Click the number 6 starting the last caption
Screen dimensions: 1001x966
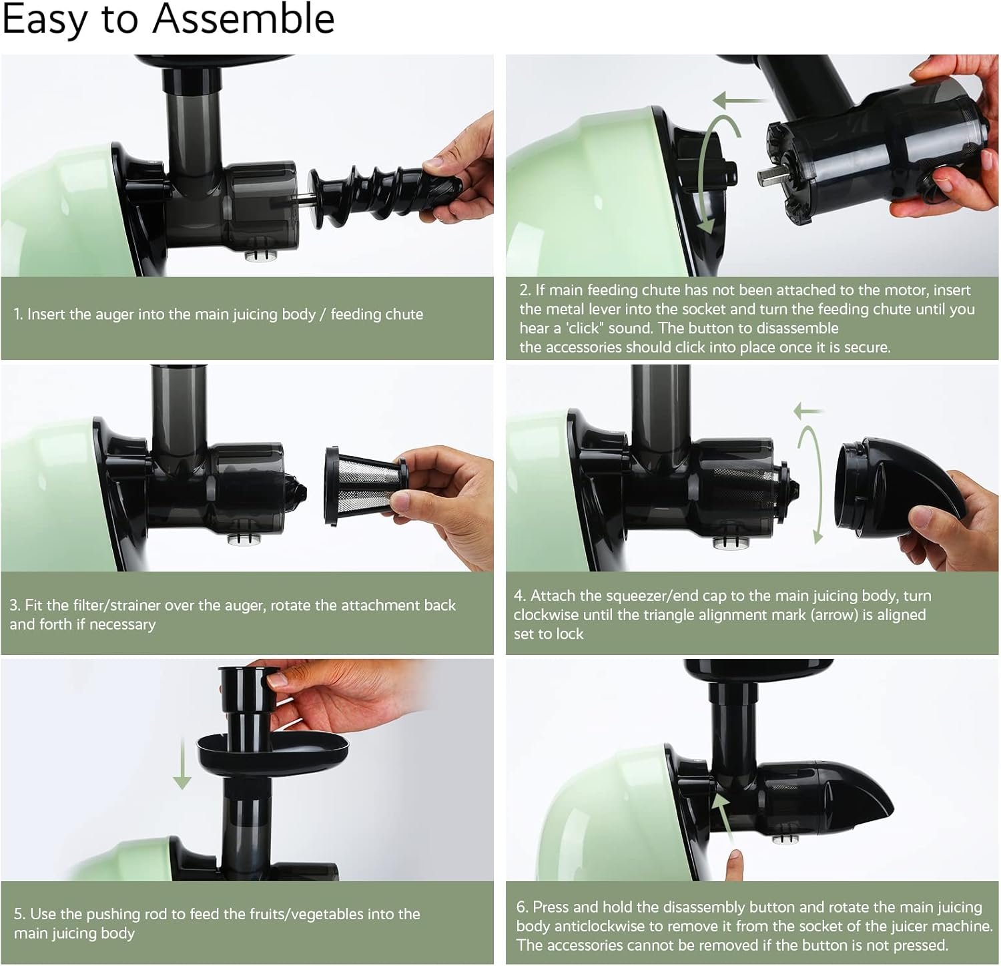521,907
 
